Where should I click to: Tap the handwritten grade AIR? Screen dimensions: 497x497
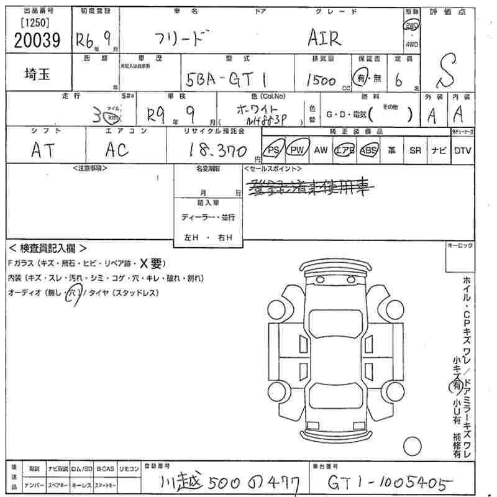[x=324, y=39]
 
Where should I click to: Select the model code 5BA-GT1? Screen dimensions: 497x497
[x=226, y=79]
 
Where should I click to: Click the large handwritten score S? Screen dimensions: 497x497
[x=450, y=70]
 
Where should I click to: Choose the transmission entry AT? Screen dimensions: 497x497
[x=42, y=150]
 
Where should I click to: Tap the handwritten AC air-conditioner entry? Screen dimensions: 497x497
[x=116, y=150]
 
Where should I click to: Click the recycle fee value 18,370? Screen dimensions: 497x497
[x=214, y=150]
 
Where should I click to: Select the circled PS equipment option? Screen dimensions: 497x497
[x=272, y=150]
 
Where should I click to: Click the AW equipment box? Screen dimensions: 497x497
[x=321, y=150]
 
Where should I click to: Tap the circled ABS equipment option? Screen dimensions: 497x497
[x=369, y=150]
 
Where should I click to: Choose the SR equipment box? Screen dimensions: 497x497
[x=415, y=150]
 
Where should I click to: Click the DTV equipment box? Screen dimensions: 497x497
[x=462, y=150]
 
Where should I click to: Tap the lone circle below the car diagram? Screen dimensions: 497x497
[x=413, y=445]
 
